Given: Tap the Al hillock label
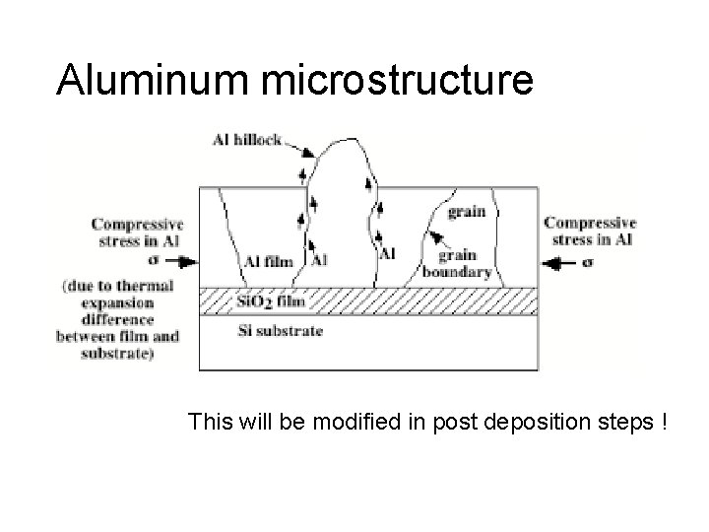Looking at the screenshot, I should tap(246, 140).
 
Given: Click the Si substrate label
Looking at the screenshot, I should tap(281, 331).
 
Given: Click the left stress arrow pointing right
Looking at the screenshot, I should tap(182, 261).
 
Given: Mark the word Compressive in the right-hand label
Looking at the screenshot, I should tap(590, 223).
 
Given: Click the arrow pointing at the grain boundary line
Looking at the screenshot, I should tap(432, 237).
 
